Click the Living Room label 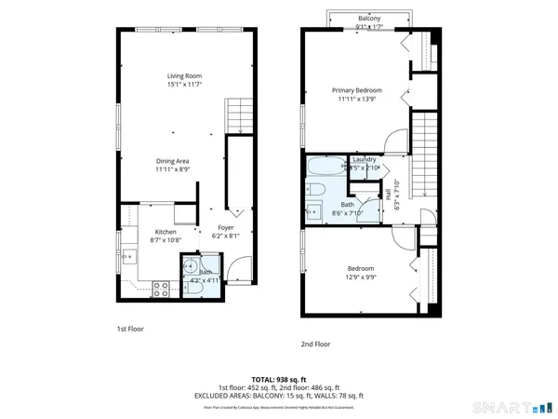184,76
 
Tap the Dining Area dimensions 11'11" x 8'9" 172,169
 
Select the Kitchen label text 166,232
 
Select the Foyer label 225,227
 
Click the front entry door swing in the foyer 239,272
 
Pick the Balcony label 369,18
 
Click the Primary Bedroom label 357,90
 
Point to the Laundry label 364,159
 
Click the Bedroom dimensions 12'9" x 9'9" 360,277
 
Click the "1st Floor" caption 129,329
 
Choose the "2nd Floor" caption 315,344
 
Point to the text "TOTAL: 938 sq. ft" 278,380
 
